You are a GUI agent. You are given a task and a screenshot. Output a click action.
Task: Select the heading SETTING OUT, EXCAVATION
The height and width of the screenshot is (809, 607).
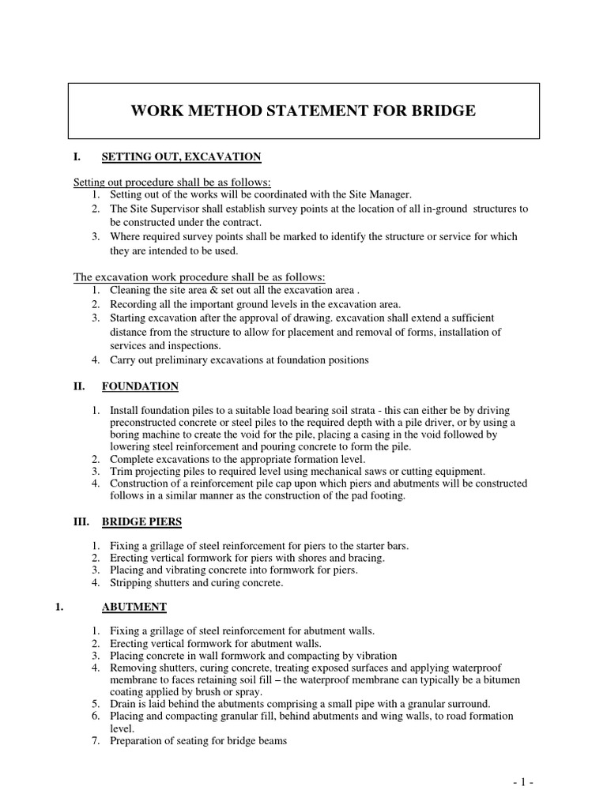pyautogui.click(x=181, y=157)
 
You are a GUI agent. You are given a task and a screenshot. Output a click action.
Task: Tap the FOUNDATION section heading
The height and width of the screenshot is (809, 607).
pyautogui.click(x=140, y=386)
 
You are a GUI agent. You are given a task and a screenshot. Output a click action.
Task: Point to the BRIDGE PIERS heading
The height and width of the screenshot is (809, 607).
pyautogui.click(x=144, y=522)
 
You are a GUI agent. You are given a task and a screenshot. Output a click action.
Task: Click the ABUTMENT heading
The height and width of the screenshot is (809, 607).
pyautogui.click(x=134, y=607)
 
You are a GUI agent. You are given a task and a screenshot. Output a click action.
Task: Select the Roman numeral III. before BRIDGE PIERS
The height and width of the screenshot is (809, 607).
pyautogui.click(x=83, y=522)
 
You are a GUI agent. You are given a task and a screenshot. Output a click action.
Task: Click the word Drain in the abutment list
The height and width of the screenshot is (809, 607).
pyautogui.click(x=124, y=704)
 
